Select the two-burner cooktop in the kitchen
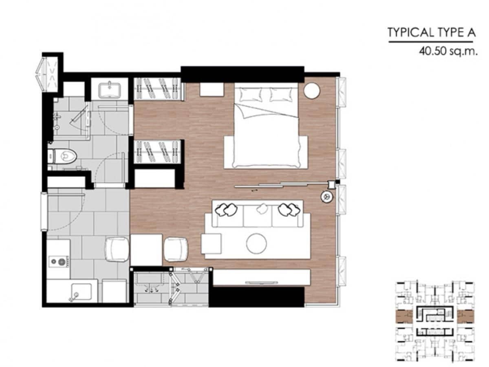58,261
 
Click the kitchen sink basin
81,292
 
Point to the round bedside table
312,90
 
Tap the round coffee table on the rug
256,243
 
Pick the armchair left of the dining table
117,249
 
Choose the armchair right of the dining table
176,249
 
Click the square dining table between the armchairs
146,250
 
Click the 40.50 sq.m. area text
448,51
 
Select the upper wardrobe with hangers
159,88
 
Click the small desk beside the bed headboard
211,90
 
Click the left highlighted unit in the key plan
403,317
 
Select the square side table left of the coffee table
211,244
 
